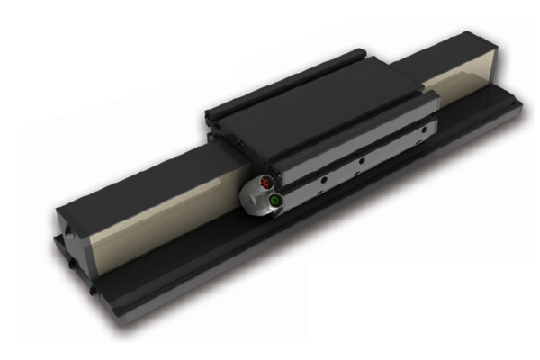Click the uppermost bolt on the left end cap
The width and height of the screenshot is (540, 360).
coord(66,212)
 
